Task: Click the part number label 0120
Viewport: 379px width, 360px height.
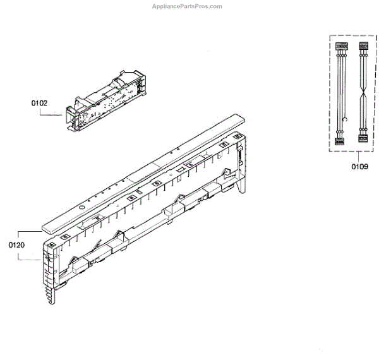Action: (x=17, y=244)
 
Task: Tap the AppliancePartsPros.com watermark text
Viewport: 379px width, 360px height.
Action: (x=188, y=6)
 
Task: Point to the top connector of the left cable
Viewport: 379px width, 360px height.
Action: (x=342, y=47)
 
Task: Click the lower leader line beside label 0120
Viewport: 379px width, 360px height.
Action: (x=32, y=258)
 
